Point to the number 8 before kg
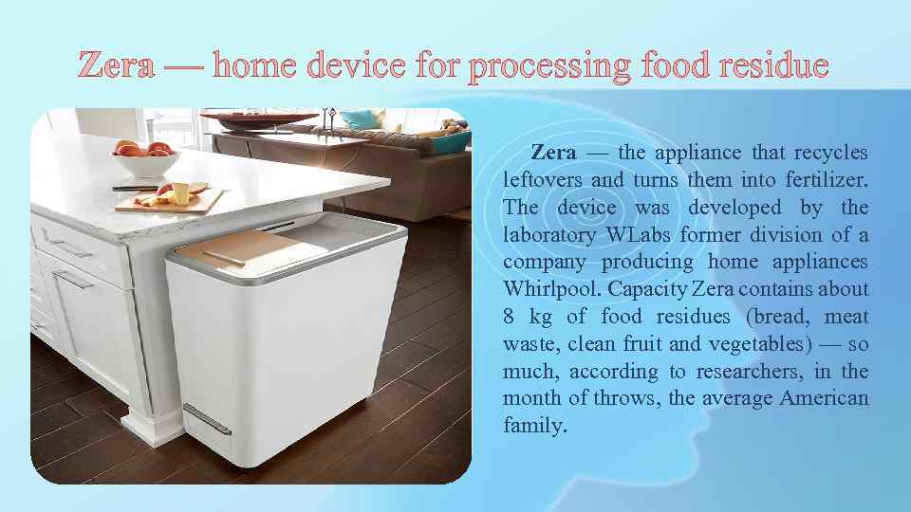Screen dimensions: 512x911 [x=509, y=316]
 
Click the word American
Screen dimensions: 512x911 [x=824, y=398]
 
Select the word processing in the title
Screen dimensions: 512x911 [x=548, y=66]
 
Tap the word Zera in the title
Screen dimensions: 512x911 [x=117, y=66]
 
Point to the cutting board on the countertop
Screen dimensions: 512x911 [x=171, y=201]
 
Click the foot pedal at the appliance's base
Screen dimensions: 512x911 [x=206, y=420]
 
